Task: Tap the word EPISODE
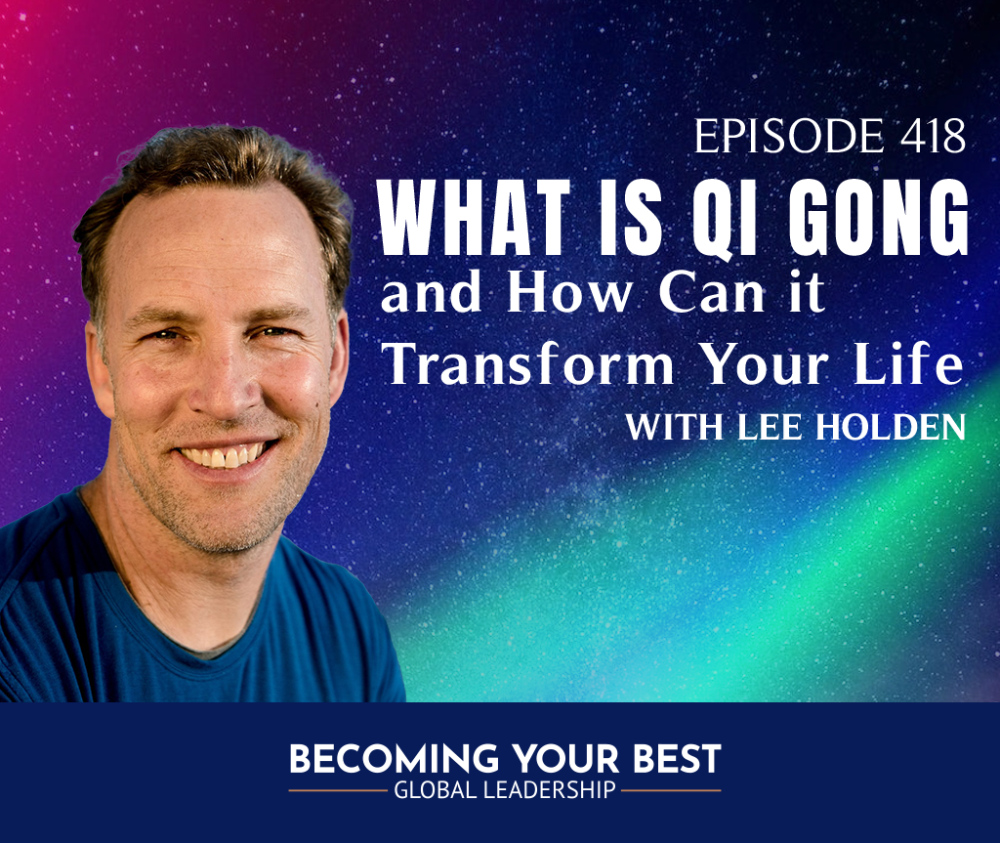coord(789,136)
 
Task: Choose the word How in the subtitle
coord(569,293)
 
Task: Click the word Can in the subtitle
coord(712,293)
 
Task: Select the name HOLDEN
coord(891,427)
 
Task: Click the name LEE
coord(770,427)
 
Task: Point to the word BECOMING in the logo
coord(395,759)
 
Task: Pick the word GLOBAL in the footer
coord(435,790)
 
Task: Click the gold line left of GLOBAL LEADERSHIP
coord(338,790)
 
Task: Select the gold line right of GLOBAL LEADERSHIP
coord(672,790)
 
